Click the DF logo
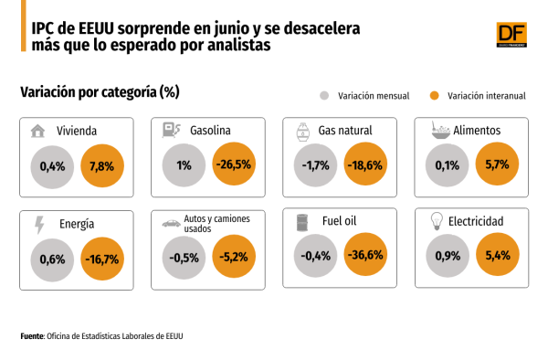(511, 35)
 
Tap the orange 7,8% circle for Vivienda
(102, 165)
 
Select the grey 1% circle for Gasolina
(184, 165)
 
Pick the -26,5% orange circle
(234, 164)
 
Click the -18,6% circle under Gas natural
(365, 164)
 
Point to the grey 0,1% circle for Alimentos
(447, 165)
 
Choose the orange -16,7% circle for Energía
(102, 259)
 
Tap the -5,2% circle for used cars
(234, 257)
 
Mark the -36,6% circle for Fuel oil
(365, 254)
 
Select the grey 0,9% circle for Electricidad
(448, 256)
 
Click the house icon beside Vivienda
(37, 131)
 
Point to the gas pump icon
(171, 130)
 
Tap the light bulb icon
(437, 221)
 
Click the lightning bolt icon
(39, 225)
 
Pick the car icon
(172, 223)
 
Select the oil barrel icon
(302, 223)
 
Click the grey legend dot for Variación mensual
(324, 95)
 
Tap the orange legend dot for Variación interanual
(434, 95)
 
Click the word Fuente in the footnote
(32, 336)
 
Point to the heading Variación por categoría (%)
(100, 92)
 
